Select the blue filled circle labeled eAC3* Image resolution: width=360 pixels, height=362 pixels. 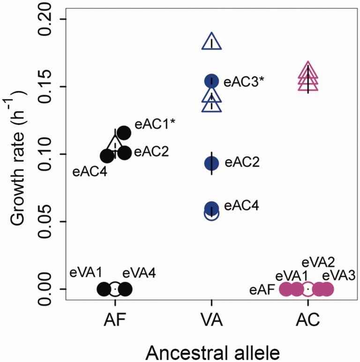(x=212, y=81)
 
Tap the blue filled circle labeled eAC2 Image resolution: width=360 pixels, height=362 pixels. (x=212, y=163)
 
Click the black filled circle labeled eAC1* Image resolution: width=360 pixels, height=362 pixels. (x=124, y=133)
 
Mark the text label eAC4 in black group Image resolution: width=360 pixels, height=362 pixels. (x=90, y=172)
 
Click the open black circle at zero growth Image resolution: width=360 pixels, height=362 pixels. (x=115, y=289)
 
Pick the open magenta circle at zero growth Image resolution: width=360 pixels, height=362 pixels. (x=307, y=289)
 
